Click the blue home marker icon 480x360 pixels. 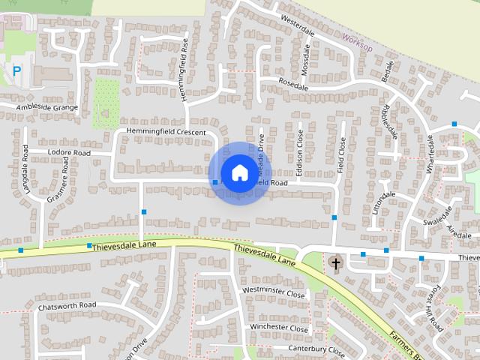(239, 172)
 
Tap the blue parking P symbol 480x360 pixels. (16, 71)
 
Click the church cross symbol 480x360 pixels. (335, 262)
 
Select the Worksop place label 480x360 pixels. (356, 41)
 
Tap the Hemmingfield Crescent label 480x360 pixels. (166, 132)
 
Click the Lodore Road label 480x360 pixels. (68, 153)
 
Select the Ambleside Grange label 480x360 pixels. (47, 107)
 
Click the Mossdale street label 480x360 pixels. (305, 58)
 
